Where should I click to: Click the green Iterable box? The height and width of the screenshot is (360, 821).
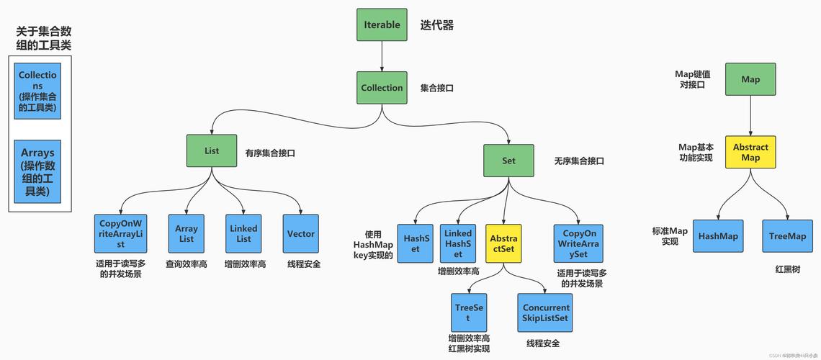(x=382, y=24)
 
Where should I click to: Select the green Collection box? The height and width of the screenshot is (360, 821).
(x=382, y=88)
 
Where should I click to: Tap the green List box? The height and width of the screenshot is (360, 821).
(x=212, y=151)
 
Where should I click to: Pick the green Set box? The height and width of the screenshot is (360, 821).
(x=508, y=161)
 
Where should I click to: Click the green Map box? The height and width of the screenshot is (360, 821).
(x=750, y=79)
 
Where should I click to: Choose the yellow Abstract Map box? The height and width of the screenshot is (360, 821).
(x=750, y=152)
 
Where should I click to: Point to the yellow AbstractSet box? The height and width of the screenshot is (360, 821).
(x=503, y=243)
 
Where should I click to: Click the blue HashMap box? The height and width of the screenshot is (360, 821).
(x=718, y=236)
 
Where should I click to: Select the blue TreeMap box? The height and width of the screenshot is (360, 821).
(x=787, y=236)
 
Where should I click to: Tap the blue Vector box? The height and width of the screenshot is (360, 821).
(x=301, y=234)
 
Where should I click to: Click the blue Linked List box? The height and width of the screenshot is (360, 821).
(x=243, y=234)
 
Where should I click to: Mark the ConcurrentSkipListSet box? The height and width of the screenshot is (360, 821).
(x=545, y=312)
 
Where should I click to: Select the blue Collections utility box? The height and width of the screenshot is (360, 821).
(x=38, y=90)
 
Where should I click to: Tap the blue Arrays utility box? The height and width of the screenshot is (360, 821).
(x=38, y=171)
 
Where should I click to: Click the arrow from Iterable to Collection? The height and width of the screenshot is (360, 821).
(x=382, y=56)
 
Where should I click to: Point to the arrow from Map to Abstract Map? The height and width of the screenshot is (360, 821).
(x=750, y=115)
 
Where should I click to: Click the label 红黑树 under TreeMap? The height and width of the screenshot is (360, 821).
(x=787, y=269)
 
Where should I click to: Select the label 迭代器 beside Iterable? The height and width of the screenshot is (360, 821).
(x=437, y=25)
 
